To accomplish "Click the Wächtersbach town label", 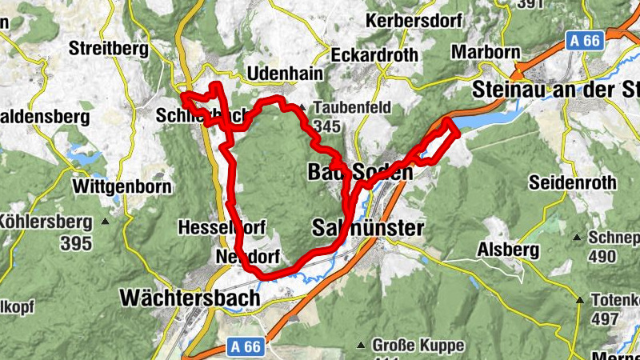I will coord(190,298).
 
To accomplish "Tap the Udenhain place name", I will coord(286,74).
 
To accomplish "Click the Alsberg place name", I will coord(508,250).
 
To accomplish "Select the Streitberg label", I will coord(109,49).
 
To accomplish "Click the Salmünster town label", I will coord(366,229).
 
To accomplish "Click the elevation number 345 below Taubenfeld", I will coord(327,126).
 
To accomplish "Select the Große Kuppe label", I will coord(417,346).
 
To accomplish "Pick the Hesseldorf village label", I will coord(222,227).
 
